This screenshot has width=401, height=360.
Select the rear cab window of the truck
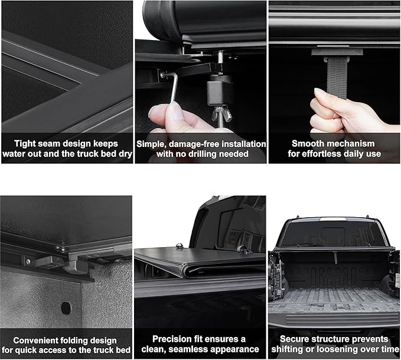point(334,234)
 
